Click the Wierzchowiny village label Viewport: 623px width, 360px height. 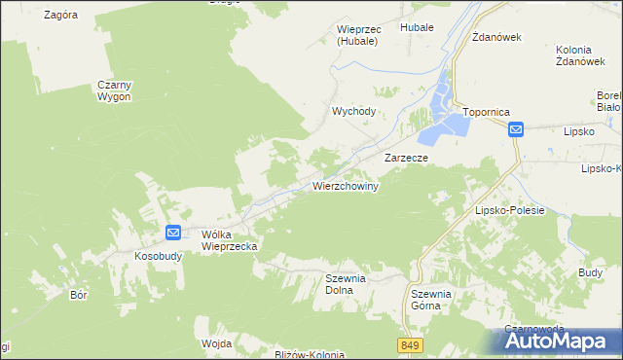coord(345,185)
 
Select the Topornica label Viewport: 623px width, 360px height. coord(487,112)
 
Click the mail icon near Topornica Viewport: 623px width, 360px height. coord(516,128)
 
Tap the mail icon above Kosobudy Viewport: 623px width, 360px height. coord(172,233)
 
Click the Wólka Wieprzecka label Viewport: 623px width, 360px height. coord(229,240)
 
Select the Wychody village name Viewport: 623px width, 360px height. coord(354,111)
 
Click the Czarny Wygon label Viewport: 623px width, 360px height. coord(114,90)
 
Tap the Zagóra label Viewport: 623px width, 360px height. coord(61,16)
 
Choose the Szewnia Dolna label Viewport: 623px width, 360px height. coord(345,283)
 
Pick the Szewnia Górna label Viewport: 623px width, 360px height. coord(431,299)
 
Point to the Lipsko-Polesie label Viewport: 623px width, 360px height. coord(508,210)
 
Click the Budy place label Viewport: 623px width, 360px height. coord(590,273)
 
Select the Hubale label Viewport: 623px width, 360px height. coord(416,29)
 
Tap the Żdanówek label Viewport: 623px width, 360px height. coord(497,37)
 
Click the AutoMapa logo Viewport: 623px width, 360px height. coord(562,341)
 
